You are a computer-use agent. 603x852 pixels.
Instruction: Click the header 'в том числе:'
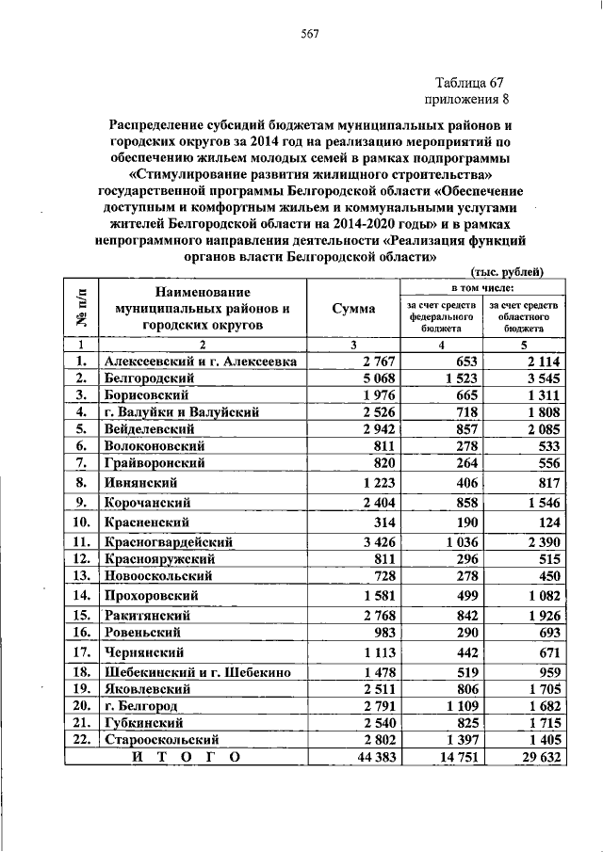pos(482,286)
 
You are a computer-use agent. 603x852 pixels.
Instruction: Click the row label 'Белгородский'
pos(147,378)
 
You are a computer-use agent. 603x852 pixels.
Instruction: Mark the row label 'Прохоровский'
pos(151,595)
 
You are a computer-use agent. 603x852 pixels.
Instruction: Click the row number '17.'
pos(82,651)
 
